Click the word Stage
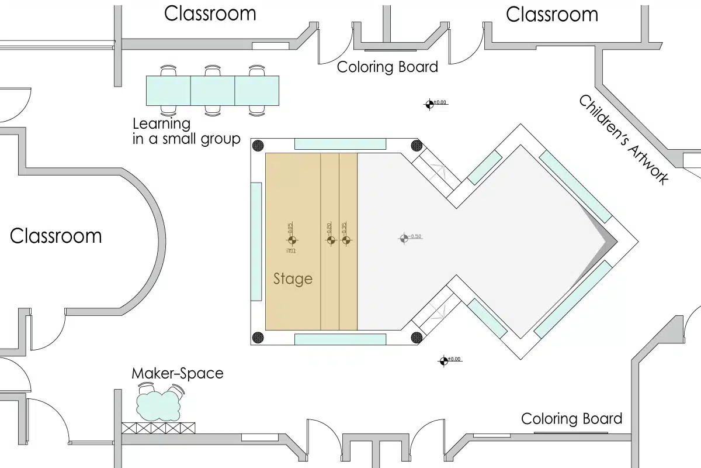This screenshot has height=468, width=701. pyautogui.click(x=293, y=279)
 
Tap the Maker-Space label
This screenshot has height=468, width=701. pyautogui.click(x=177, y=373)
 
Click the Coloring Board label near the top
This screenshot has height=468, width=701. pyautogui.click(x=387, y=67)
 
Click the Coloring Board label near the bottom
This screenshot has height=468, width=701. pyautogui.click(x=571, y=419)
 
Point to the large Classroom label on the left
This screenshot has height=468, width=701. pyautogui.click(x=56, y=236)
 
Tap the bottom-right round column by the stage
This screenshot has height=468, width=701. pyautogui.click(x=416, y=337)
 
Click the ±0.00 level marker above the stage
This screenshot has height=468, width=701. pyautogui.click(x=430, y=104)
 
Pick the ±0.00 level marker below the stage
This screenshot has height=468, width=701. pyautogui.click(x=444, y=361)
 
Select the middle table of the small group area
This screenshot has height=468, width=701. pyautogui.click(x=213, y=91)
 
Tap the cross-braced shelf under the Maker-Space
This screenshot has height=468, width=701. pyautogui.click(x=159, y=428)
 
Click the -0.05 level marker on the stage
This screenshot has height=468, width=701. pyautogui.click(x=291, y=240)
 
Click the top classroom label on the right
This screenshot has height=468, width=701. pyautogui.click(x=551, y=14)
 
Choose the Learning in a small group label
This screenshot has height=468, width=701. pyautogui.click(x=186, y=132)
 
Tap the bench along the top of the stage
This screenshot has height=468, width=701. pyautogui.click(x=339, y=144)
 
